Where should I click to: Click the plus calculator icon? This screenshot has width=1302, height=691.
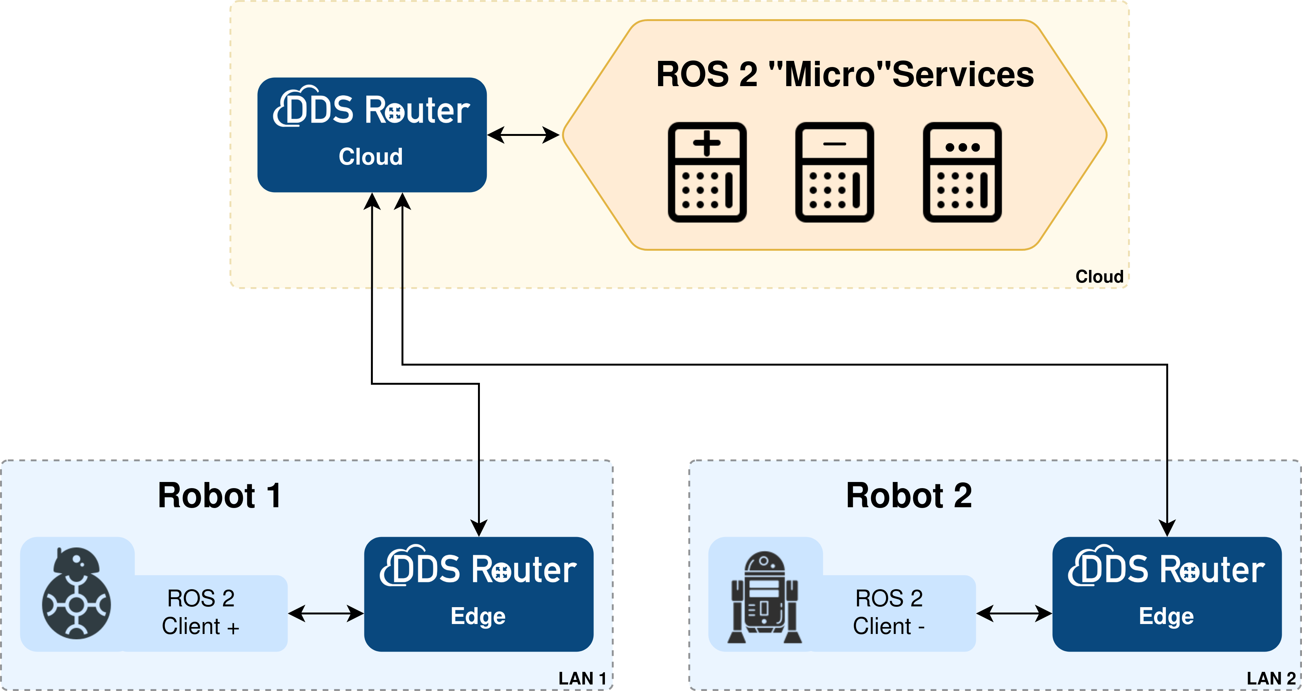click(x=707, y=172)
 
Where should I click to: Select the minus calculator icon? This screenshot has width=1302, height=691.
click(x=834, y=172)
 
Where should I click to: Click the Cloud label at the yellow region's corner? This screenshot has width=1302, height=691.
click(x=1099, y=277)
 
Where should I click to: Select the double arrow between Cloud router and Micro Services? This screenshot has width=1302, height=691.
click(x=523, y=135)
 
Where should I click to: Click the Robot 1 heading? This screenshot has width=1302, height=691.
click(x=219, y=496)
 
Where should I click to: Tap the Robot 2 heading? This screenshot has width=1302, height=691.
click(x=908, y=496)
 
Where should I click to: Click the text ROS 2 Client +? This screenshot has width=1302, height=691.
click(x=201, y=613)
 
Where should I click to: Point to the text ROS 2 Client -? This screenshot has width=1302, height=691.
click(x=889, y=613)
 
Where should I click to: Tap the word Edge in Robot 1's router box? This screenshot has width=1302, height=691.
click(x=478, y=616)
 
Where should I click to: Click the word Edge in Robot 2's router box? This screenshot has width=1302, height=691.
click(x=1166, y=616)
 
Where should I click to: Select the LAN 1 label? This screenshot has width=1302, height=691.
click(x=582, y=678)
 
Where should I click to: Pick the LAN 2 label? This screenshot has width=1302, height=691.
click(x=1271, y=678)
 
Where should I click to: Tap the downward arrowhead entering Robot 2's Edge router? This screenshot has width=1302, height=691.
click(x=1167, y=528)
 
